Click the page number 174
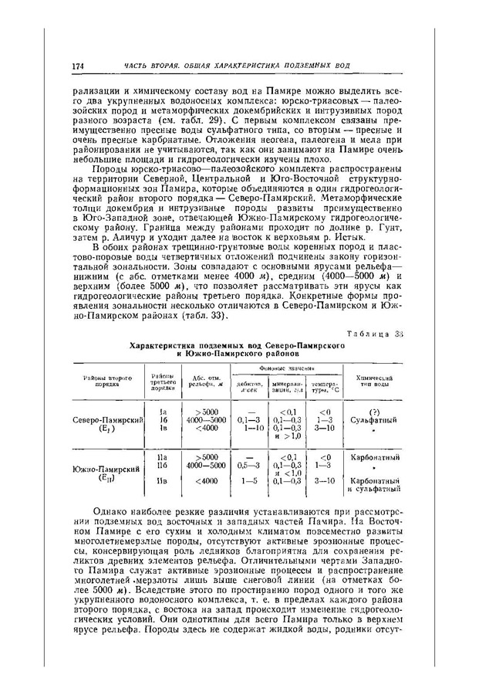pos(77,67)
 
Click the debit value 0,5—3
pos(249,466)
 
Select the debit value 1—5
pos(251,483)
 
